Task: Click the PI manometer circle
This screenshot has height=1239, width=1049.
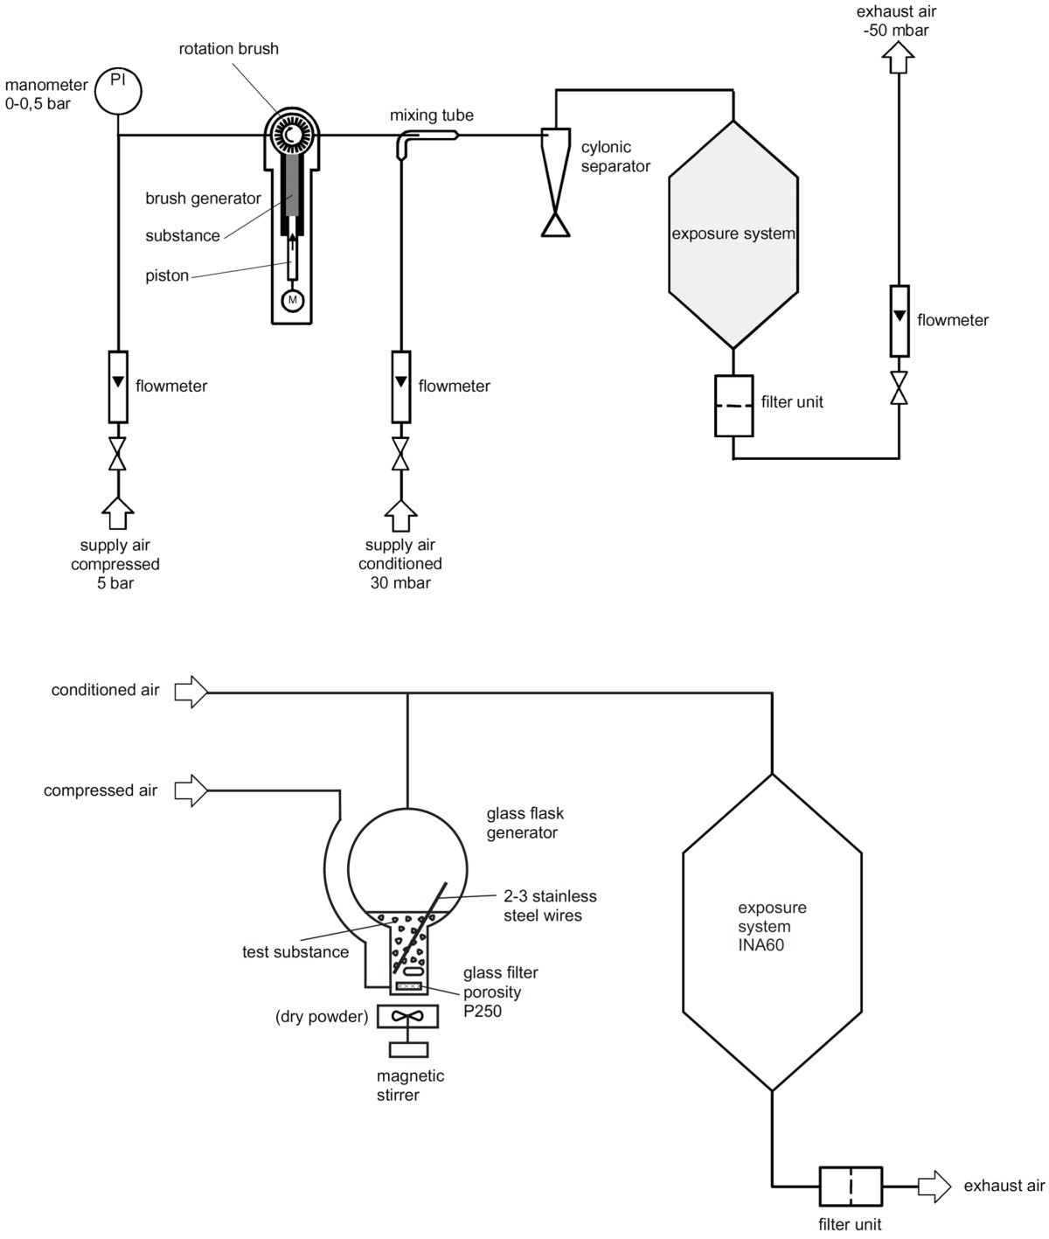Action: pos(118,90)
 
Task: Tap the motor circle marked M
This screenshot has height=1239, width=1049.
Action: pos(293,301)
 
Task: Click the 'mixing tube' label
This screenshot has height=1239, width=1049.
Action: pos(432,115)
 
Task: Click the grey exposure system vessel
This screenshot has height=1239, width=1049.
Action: pos(733,233)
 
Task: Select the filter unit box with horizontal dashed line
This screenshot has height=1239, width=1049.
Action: pos(733,406)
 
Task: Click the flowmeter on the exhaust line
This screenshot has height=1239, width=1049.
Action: pos(899,320)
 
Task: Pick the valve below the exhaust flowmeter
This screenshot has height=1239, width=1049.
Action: pos(899,386)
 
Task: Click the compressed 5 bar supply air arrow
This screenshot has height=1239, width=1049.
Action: pos(118,513)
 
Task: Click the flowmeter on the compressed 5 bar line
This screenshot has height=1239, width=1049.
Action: pos(118,386)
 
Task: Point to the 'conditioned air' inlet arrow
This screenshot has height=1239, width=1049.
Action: pos(191,693)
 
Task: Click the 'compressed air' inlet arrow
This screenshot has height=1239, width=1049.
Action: pos(191,791)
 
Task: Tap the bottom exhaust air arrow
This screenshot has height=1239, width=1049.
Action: pos(934,1186)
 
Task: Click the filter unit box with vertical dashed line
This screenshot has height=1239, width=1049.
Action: pos(851,1187)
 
